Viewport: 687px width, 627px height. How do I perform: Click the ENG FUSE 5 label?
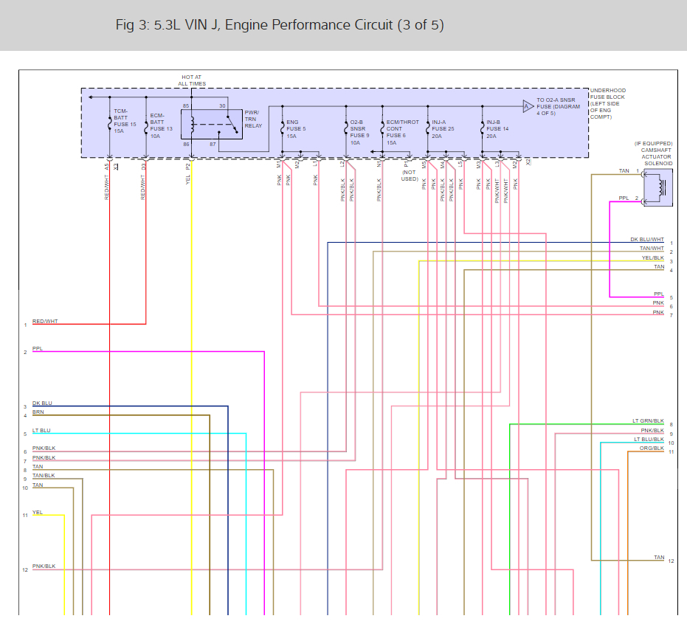[x=295, y=129]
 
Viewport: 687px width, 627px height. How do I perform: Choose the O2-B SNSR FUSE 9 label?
[x=359, y=129]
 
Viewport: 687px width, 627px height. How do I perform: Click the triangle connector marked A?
[x=528, y=106]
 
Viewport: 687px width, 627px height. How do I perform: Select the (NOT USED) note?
[x=410, y=176]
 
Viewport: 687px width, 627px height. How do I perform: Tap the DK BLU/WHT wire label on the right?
[x=647, y=240]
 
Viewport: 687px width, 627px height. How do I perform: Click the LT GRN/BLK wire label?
[x=648, y=421]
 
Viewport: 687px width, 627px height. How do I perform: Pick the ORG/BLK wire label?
[x=652, y=448]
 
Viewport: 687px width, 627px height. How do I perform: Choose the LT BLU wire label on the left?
[x=41, y=430]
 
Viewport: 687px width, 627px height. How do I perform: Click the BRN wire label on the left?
[x=38, y=412]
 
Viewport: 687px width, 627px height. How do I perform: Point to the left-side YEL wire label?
[x=37, y=512]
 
